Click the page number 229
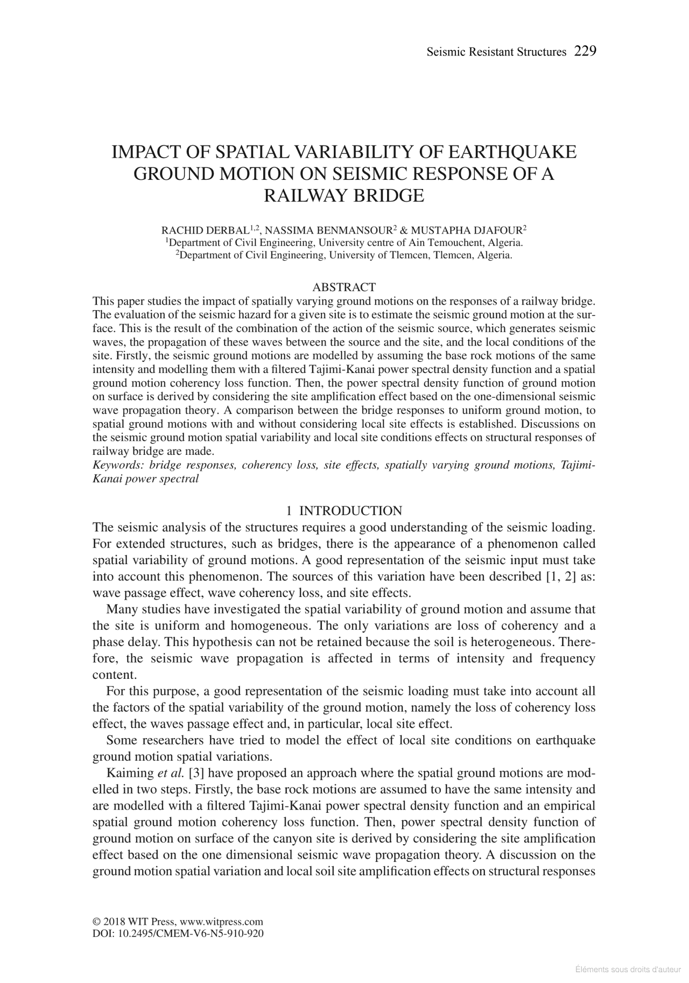pos(585,52)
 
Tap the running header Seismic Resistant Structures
pos(496,52)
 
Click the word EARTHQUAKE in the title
pos(512,152)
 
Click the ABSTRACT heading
pos(344,287)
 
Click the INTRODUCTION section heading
pos(350,511)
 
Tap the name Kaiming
pos(130,774)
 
